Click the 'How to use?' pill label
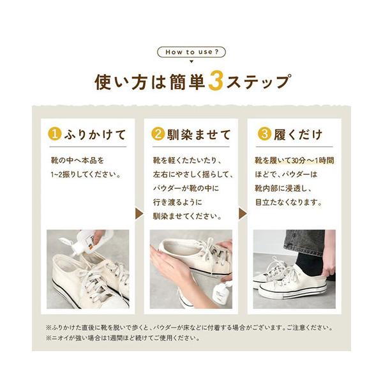click(191, 52)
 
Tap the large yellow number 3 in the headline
click(216, 81)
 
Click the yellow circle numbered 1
click(55, 134)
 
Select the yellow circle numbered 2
click(158, 134)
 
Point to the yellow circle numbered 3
click(264, 134)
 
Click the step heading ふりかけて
click(95, 135)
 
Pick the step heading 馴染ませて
click(199, 135)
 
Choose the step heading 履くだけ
click(298, 135)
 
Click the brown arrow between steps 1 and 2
click(139, 214)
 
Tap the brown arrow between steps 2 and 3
click(243, 214)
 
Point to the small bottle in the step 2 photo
click(221, 292)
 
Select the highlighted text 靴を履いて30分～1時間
click(294, 160)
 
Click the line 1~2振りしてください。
click(86, 174)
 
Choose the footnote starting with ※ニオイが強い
click(123, 338)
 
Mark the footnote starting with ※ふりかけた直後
click(190, 327)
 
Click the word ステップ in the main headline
click(258, 82)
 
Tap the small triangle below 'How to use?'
click(191, 61)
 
